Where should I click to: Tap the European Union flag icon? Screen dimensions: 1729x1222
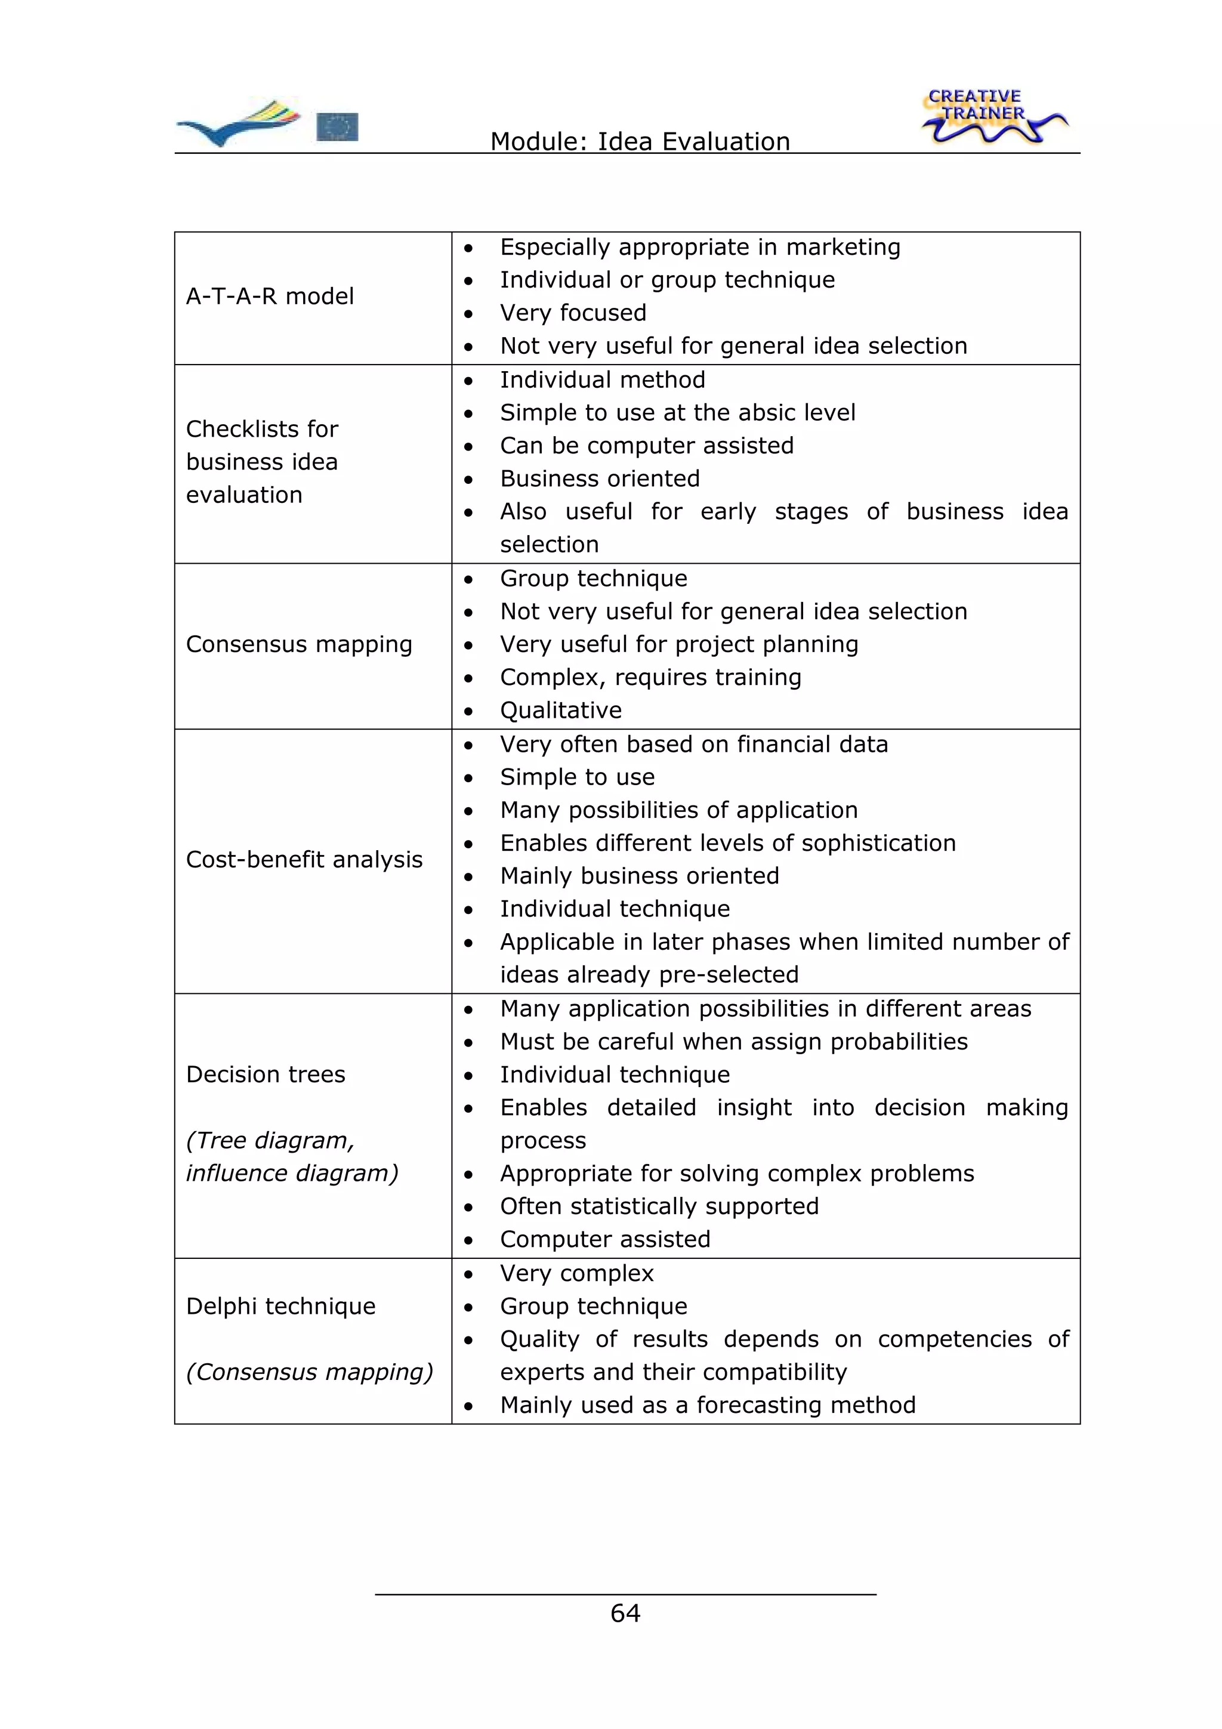pyautogui.click(x=337, y=126)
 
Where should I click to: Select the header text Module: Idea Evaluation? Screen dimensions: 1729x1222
pyautogui.click(x=640, y=141)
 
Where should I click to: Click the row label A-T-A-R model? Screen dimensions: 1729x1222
pyautogui.click(x=270, y=296)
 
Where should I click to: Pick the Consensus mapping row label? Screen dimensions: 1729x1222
pyautogui.click(x=299, y=644)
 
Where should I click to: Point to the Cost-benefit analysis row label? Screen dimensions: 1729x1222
pyautogui.click(x=304, y=859)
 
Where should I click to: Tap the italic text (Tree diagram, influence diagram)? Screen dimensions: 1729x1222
pyautogui.click(x=291, y=1157)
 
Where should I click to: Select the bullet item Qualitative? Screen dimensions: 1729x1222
pyautogui.click(x=561, y=710)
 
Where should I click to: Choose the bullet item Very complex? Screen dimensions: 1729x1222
pyautogui.click(x=577, y=1273)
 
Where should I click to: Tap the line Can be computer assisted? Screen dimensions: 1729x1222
pyautogui.click(x=647, y=446)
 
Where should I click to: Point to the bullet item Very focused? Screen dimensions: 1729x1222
pyautogui.click(x=573, y=313)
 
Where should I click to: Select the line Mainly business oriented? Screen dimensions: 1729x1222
pyautogui.click(x=639, y=876)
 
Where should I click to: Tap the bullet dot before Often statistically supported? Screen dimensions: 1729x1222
pyautogui.click(x=468, y=1207)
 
